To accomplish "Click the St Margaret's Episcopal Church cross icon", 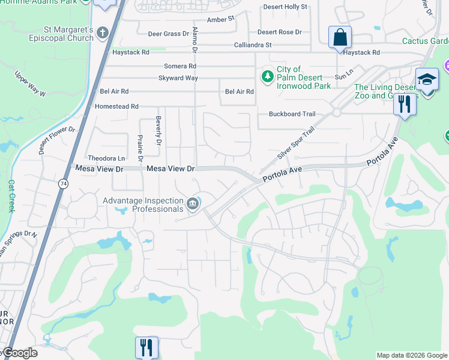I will [x=103, y=32].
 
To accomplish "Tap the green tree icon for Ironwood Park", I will [x=267, y=76].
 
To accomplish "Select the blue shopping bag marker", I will [x=340, y=37].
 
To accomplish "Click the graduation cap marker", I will [x=427, y=80].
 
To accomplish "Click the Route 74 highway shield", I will [x=62, y=184].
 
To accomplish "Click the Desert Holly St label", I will [x=285, y=7].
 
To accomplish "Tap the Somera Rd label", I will [x=180, y=66].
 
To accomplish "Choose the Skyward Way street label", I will [x=178, y=78].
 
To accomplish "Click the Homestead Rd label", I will [x=116, y=106].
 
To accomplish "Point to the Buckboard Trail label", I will [x=292, y=114].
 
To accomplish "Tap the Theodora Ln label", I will [x=105, y=158].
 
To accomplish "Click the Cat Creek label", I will [x=11, y=196].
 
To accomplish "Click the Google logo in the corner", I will [x=19, y=353].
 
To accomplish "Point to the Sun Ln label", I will [x=343, y=77].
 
